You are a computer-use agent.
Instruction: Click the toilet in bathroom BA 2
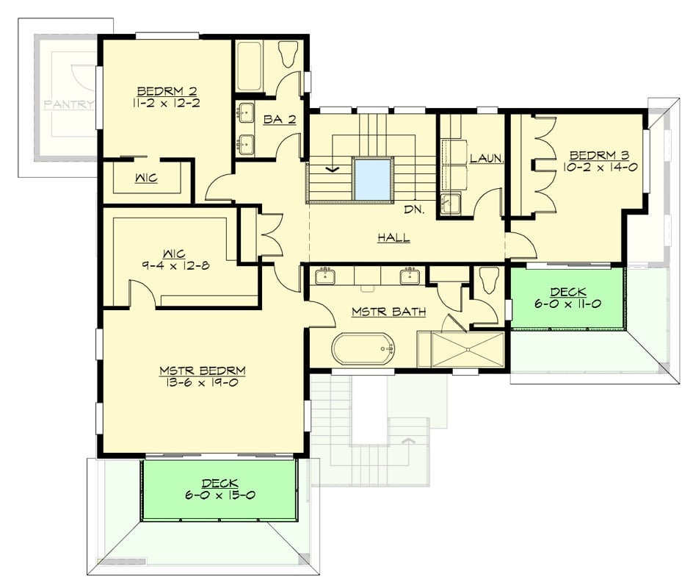coord(289,54)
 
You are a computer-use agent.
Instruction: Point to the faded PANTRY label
coord(69,104)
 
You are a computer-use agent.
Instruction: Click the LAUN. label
coord(485,158)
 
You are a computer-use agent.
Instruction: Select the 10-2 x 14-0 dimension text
coord(600,168)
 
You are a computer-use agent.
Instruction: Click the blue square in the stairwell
coord(372,179)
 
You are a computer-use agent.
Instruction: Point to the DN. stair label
coord(414,209)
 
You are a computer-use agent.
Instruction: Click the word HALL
coord(393,237)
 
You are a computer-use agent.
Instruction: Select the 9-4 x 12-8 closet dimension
coord(176,265)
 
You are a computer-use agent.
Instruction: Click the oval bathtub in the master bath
coord(363,348)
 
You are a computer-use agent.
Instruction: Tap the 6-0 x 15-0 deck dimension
coord(219,495)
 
